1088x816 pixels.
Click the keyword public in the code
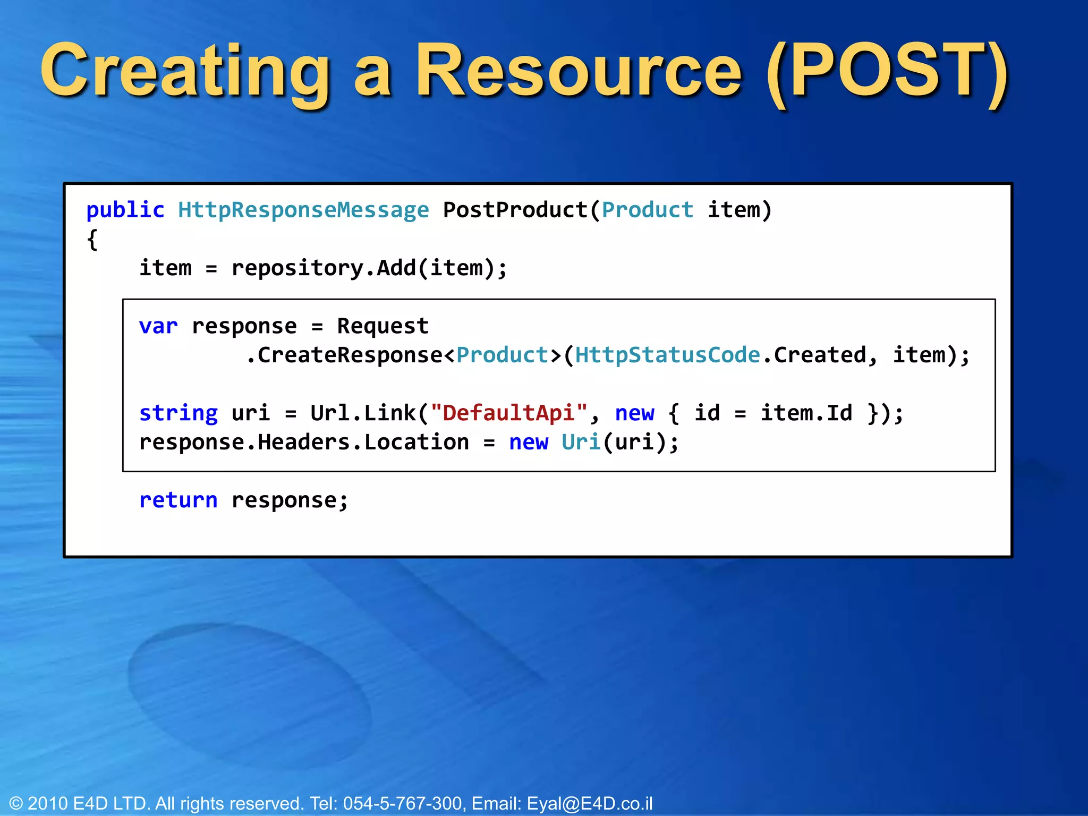pos(125,210)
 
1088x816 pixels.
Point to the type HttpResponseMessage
pos(303,210)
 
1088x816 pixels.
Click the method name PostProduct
pos(515,210)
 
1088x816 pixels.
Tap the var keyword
pos(158,326)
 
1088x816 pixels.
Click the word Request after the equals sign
pos(382,326)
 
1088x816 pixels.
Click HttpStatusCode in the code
pos(667,355)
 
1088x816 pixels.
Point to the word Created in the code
pos(819,355)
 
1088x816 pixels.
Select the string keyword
pos(178,413)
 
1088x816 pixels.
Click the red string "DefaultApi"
pos(509,413)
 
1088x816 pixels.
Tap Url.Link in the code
pos(363,413)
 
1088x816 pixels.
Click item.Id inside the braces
pos(806,413)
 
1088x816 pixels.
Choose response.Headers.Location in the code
pos(304,443)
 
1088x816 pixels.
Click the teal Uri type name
pos(581,443)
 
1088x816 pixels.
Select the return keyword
pos(178,500)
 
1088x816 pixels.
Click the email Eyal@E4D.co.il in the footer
pos(589,803)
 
